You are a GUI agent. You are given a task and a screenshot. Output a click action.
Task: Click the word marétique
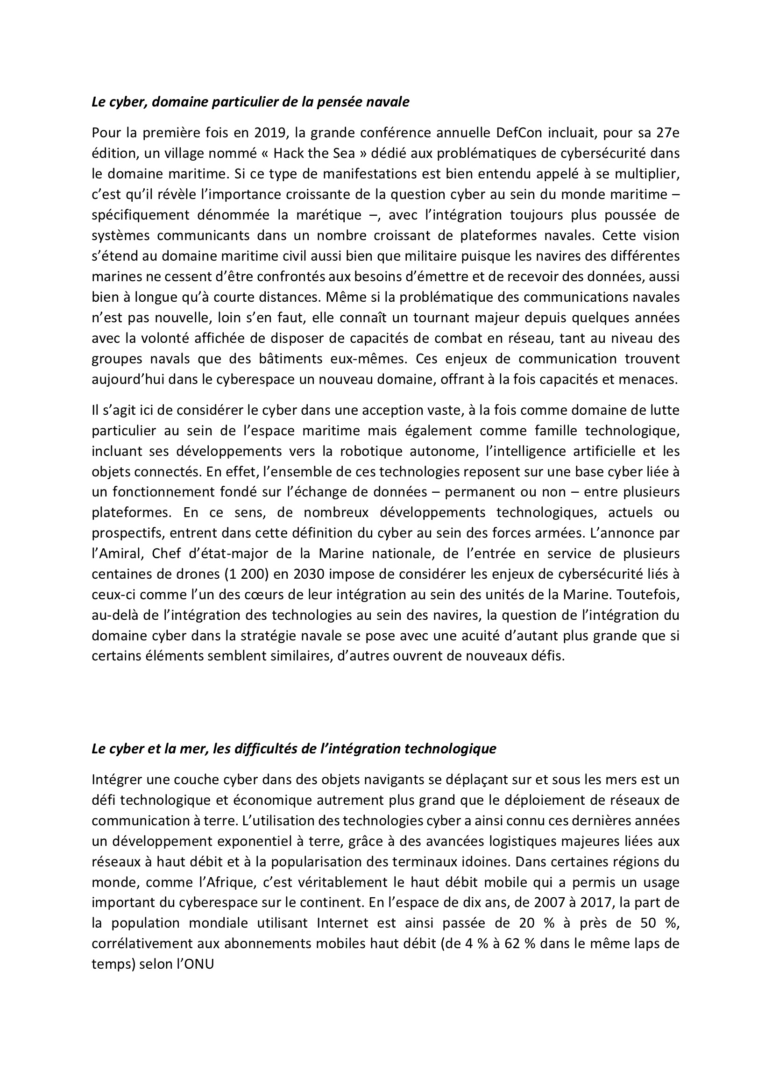point(329,215)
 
